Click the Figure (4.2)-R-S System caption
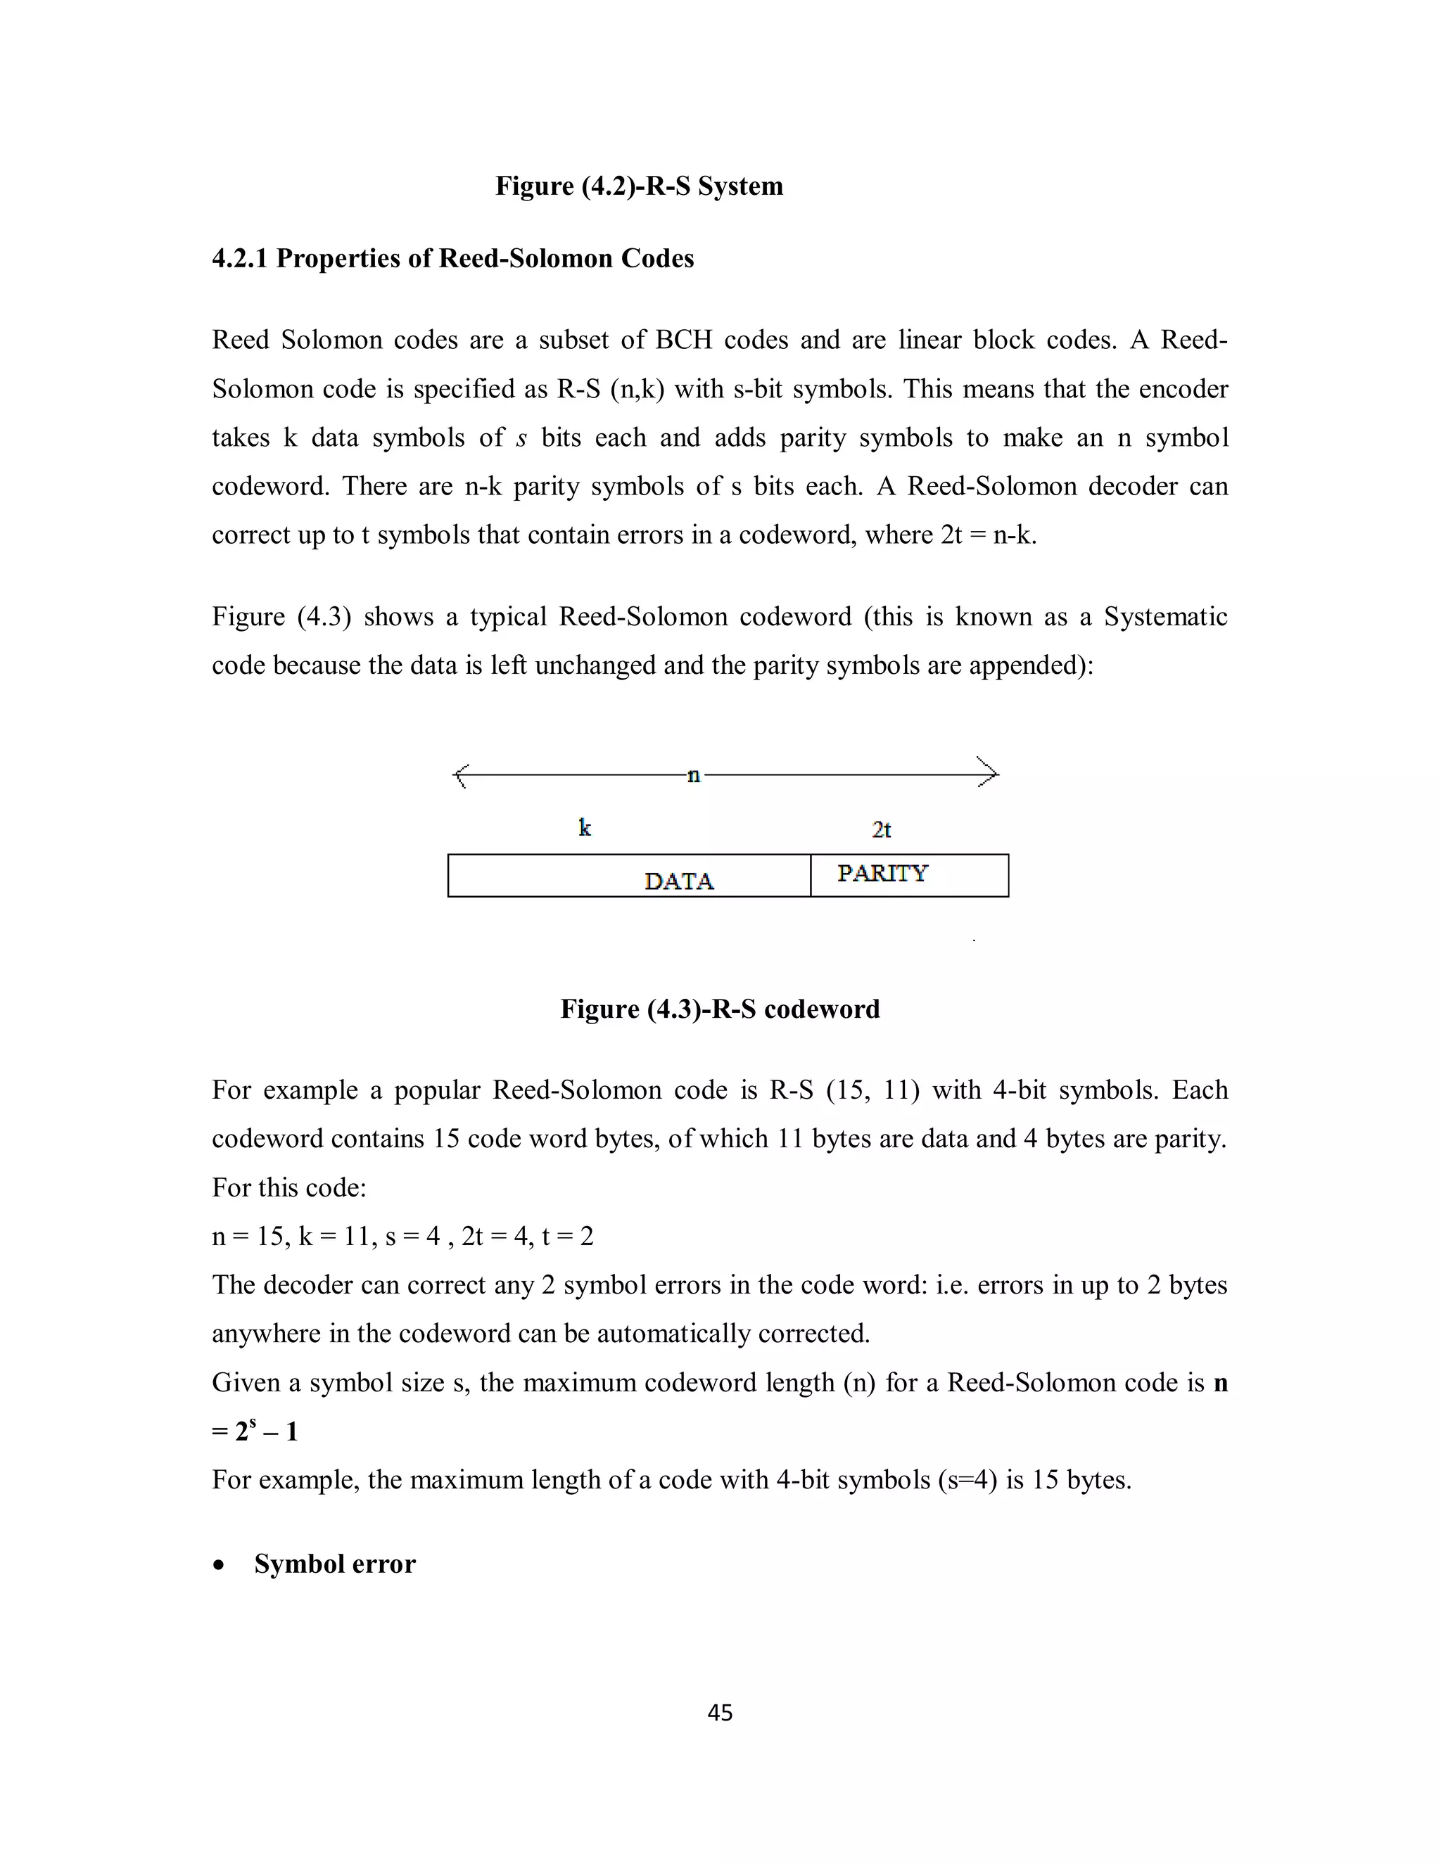pos(639,186)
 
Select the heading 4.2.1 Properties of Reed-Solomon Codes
pos(452,259)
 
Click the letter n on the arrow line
pos(693,775)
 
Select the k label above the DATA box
pos(585,828)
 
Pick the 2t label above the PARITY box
pos(882,829)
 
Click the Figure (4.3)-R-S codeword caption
pos(720,1009)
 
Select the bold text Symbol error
pos(335,1564)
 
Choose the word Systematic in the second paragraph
pos(1165,616)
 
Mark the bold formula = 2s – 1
pos(255,1431)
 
